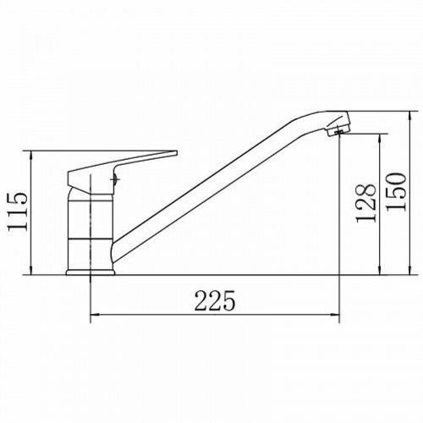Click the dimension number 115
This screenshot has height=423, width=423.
click(x=18, y=212)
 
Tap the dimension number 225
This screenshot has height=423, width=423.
click(x=215, y=300)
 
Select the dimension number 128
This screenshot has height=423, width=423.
click(x=365, y=203)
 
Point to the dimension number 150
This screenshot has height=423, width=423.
click(x=396, y=192)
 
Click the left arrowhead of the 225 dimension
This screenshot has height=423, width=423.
click(x=94, y=314)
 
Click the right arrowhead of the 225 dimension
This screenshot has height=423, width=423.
click(x=336, y=314)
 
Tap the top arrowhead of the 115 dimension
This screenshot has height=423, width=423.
click(x=30, y=156)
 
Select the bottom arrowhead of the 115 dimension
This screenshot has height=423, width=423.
click(x=30, y=270)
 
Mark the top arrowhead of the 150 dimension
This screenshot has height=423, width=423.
click(x=410, y=116)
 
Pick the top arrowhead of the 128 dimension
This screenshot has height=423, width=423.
click(x=381, y=138)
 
